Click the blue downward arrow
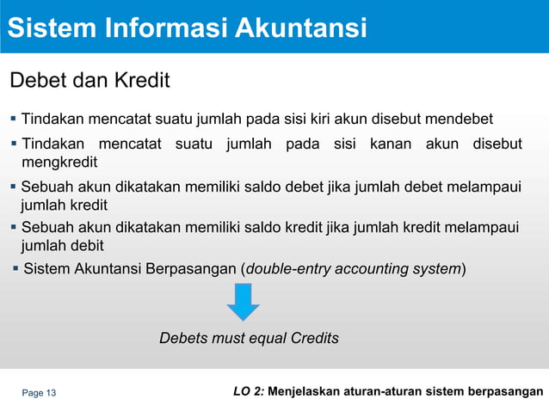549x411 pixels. [x=244, y=302]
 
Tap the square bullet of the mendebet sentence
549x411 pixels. [x=12, y=119]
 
